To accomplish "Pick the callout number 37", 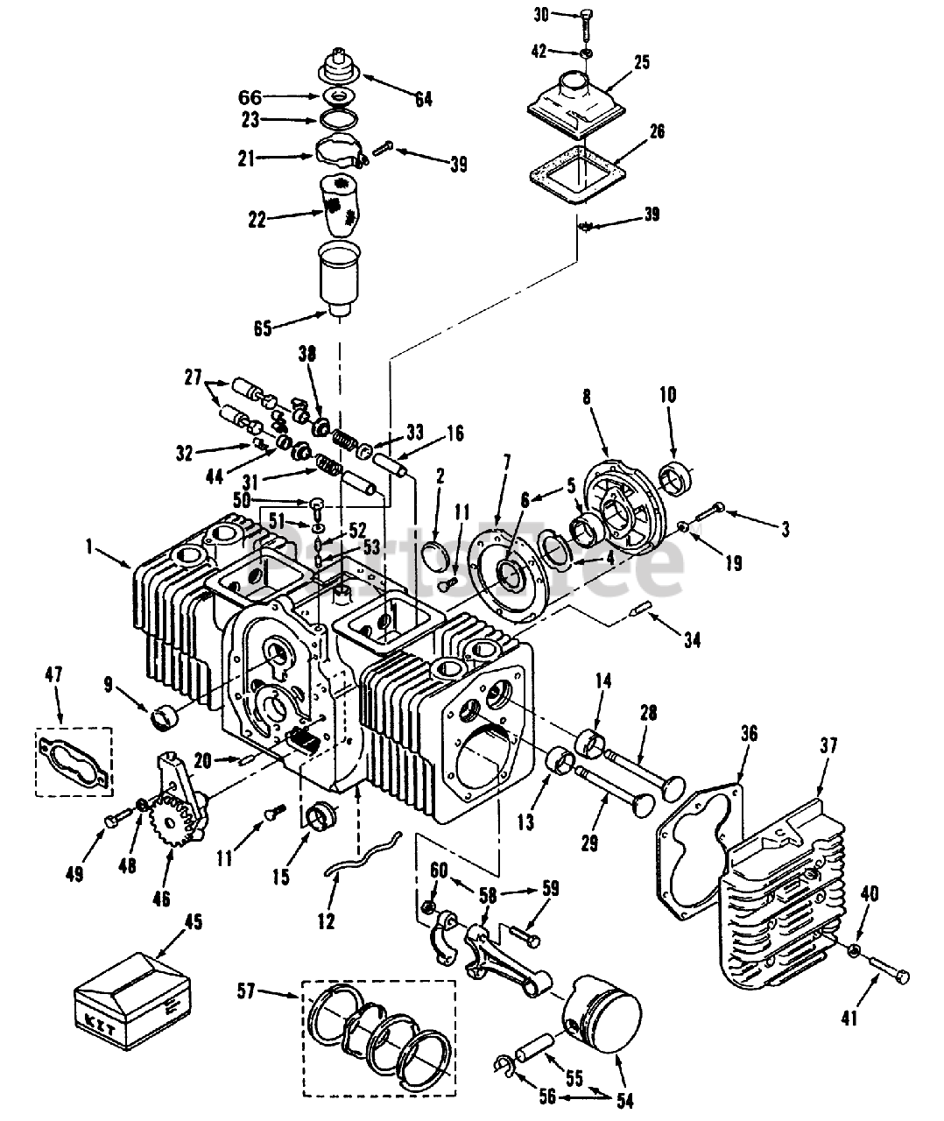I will point(828,746).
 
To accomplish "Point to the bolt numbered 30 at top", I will point(585,25).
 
